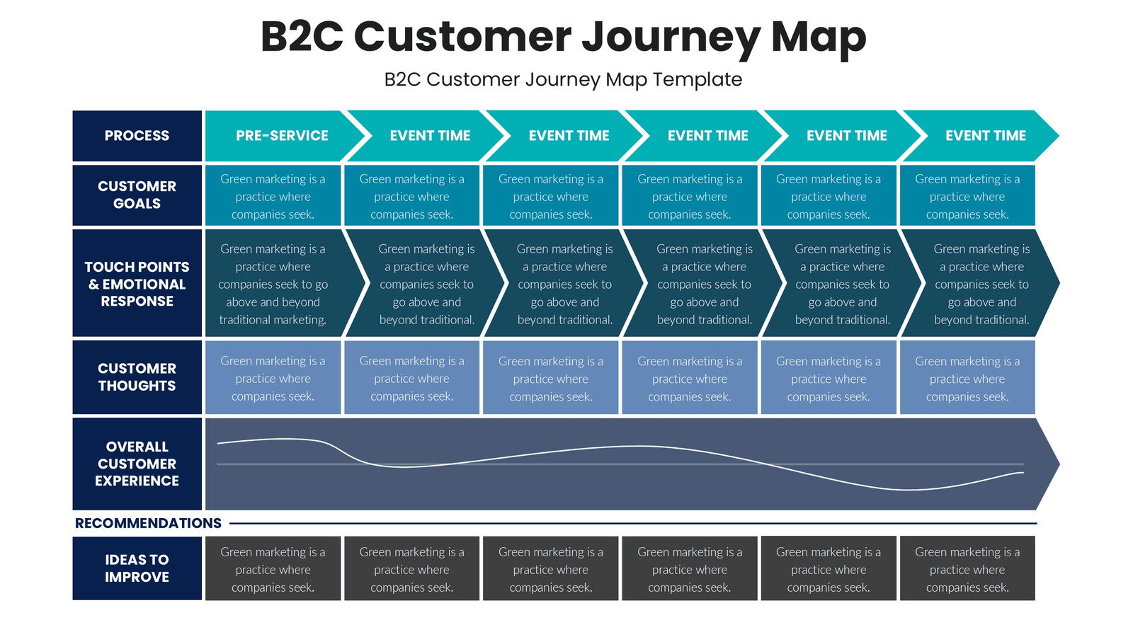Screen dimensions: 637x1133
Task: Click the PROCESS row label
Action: (x=137, y=135)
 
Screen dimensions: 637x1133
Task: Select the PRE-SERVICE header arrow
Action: (x=282, y=135)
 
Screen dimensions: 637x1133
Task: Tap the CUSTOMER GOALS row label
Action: (x=137, y=195)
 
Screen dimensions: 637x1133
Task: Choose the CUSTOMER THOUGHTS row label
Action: (x=137, y=377)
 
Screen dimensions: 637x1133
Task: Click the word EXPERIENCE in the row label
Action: (x=137, y=481)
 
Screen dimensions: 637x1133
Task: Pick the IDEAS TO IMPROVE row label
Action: (x=137, y=568)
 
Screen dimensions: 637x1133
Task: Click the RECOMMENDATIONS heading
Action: (x=148, y=523)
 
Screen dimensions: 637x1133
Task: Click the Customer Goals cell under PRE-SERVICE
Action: (x=273, y=196)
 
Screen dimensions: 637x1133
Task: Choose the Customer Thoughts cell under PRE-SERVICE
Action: (x=273, y=378)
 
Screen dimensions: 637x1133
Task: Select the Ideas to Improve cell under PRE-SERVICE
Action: (x=273, y=569)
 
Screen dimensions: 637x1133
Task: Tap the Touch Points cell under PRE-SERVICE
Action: (x=273, y=283)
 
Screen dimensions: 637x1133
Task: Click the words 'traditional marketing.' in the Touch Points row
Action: (x=273, y=320)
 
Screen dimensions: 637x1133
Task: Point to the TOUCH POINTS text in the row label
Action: (x=137, y=267)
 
